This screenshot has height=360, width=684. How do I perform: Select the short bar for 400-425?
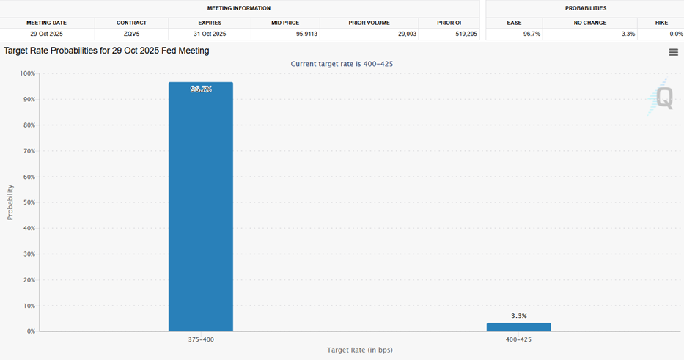(518, 327)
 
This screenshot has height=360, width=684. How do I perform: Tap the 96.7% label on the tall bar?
(201, 89)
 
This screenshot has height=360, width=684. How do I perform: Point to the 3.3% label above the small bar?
(518, 316)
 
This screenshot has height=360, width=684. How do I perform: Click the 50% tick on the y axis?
(27, 202)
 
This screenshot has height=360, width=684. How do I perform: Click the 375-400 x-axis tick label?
(201, 339)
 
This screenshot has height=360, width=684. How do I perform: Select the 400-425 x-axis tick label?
(518, 339)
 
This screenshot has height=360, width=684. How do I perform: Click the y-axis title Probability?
(10, 202)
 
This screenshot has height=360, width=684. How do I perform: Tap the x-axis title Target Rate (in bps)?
(359, 350)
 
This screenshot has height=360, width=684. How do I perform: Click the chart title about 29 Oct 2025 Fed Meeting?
(106, 51)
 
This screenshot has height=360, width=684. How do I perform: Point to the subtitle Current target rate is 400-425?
(342, 64)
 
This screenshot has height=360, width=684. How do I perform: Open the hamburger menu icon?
(673, 52)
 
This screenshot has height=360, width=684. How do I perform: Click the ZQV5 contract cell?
(131, 34)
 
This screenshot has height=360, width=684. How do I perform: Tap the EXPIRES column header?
(209, 23)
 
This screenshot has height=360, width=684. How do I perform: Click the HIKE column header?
(663, 23)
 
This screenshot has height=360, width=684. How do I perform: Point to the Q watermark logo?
(663, 98)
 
